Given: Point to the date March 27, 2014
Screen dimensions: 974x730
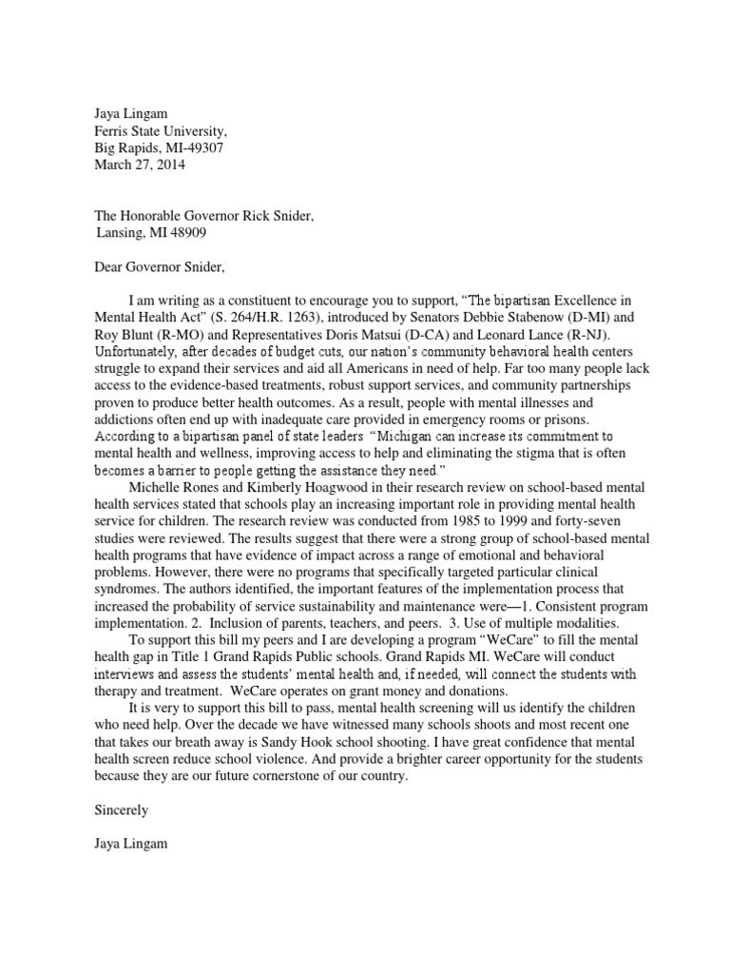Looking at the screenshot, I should [140, 165].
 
